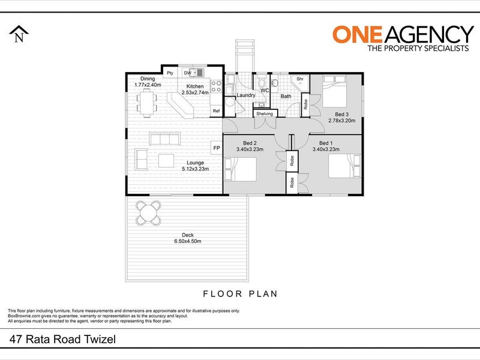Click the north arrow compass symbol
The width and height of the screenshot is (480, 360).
point(19,34)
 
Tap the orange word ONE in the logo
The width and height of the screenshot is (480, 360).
point(357,34)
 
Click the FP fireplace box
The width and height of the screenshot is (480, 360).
point(217,148)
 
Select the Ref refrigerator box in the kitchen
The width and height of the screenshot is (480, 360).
point(216,111)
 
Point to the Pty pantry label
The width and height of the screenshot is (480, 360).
point(170,73)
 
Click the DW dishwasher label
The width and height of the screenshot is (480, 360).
point(187,73)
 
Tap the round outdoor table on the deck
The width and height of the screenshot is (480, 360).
point(149,213)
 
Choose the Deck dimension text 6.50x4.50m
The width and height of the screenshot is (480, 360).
point(188,241)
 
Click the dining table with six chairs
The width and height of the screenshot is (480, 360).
point(146,103)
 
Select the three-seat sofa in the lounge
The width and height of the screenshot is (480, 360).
point(164,139)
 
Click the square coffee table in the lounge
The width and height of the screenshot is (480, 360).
point(166,160)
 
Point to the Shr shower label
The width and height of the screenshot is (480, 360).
point(299,79)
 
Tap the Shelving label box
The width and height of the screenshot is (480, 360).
point(265,113)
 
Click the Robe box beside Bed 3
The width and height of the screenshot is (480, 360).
point(305,104)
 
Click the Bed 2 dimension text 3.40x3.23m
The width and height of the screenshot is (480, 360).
point(250,149)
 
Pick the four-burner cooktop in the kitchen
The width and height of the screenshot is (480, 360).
point(217,86)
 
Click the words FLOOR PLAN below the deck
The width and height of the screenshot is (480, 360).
point(241,294)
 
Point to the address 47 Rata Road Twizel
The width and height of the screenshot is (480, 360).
point(63,339)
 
